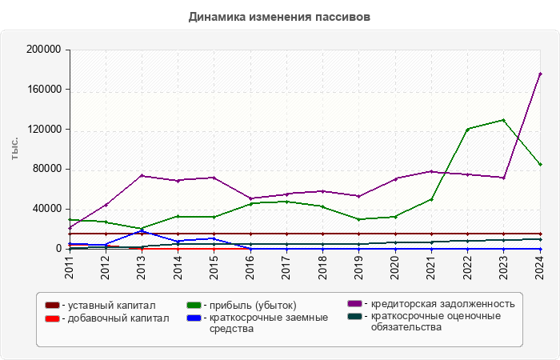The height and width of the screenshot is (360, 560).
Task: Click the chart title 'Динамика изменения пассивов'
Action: point(280,16)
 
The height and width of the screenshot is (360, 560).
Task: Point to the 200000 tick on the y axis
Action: point(43,50)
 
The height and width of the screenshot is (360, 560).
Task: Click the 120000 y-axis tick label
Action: point(43,130)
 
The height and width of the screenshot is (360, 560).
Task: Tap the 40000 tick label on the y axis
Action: point(46,209)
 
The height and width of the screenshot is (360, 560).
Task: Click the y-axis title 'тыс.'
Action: point(15,149)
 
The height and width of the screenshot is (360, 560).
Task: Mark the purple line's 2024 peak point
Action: point(540,74)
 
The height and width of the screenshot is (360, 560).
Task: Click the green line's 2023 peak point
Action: point(503,120)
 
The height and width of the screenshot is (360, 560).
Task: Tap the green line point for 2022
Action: point(467,129)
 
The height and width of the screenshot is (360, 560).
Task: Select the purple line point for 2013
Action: point(142,175)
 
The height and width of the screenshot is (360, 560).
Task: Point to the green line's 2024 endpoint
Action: point(540,164)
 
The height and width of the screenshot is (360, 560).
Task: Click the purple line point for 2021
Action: point(431,171)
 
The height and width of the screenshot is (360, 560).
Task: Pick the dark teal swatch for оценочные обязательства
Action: point(354,316)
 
